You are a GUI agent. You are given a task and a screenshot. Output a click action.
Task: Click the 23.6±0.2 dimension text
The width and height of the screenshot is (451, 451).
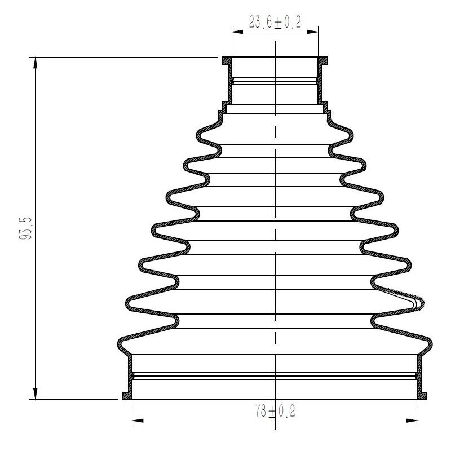[x=275, y=22]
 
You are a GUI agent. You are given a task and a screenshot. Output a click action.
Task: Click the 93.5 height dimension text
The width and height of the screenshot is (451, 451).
[x=25, y=229]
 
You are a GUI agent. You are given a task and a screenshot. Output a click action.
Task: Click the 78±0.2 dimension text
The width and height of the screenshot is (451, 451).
[x=275, y=411]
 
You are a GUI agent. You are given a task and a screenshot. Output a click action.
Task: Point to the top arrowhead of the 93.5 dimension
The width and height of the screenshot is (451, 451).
[x=36, y=63]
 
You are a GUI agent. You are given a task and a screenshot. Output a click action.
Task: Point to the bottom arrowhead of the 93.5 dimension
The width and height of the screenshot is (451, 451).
[x=36, y=393]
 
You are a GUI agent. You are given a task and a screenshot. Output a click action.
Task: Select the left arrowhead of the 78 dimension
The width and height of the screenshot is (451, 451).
[x=138, y=421]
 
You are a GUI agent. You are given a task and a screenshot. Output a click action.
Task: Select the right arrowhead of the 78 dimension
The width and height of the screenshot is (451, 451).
[x=412, y=421]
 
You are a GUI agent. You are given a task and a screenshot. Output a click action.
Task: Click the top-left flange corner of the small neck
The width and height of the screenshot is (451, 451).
[x=223, y=58]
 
